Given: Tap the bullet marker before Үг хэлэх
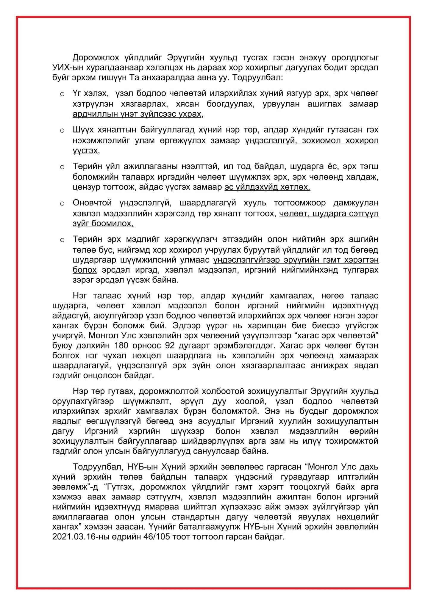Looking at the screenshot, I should click(62, 94).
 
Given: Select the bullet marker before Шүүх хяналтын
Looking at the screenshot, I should click(62, 131).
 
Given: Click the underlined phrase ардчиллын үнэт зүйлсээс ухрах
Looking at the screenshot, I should click(137, 114).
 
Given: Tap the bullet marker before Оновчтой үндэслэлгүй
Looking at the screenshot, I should click(62, 203).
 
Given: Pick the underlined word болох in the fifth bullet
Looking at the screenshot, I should click(85, 270).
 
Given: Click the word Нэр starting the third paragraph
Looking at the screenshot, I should click(79, 391).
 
